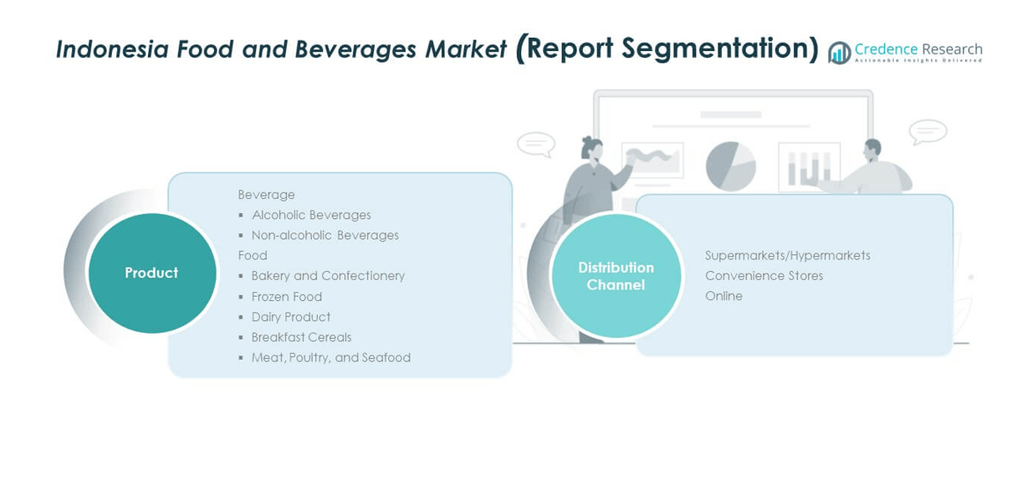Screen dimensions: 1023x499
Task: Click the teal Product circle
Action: pyautogui.click(x=152, y=273)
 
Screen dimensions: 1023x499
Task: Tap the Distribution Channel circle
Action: pyautogui.click(x=616, y=276)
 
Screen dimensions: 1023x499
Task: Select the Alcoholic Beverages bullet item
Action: pyautogui.click(x=311, y=215)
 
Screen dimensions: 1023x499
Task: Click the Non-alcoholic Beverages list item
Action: pyautogui.click(x=325, y=235)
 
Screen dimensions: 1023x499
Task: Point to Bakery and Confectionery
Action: pyautogui.click(x=328, y=276)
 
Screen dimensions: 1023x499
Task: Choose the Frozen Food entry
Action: pyautogui.click(x=286, y=297)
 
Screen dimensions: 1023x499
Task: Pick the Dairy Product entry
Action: pyautogui.click(x=291, y=317)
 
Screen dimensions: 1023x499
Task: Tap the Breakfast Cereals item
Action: pyautogui.click(x=301, y=337)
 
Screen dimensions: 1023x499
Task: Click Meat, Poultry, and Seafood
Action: pyautogui.click(x=331, y=357)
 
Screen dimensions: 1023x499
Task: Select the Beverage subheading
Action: pyautogui.click(x=266, y=194)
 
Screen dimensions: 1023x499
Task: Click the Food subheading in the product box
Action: pyautogui.click(x=253, y=255)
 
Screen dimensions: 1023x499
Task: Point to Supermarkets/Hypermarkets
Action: pyautogui.click(x=787, y=255)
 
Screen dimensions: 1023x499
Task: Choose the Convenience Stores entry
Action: pyautogui.click(x=764, y=275)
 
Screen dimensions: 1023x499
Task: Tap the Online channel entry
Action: pyautogui.click(x=724, y=296)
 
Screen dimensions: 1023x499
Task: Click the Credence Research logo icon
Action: pyautogui.click(x=839, y=53)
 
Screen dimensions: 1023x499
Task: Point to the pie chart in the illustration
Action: pyautogui.click(x=731, y=165)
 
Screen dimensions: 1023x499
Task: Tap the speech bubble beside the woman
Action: pyautogui.click(x=535, y=144)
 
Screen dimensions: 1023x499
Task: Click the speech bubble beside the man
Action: pyautogui.click(x=928, y=132)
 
